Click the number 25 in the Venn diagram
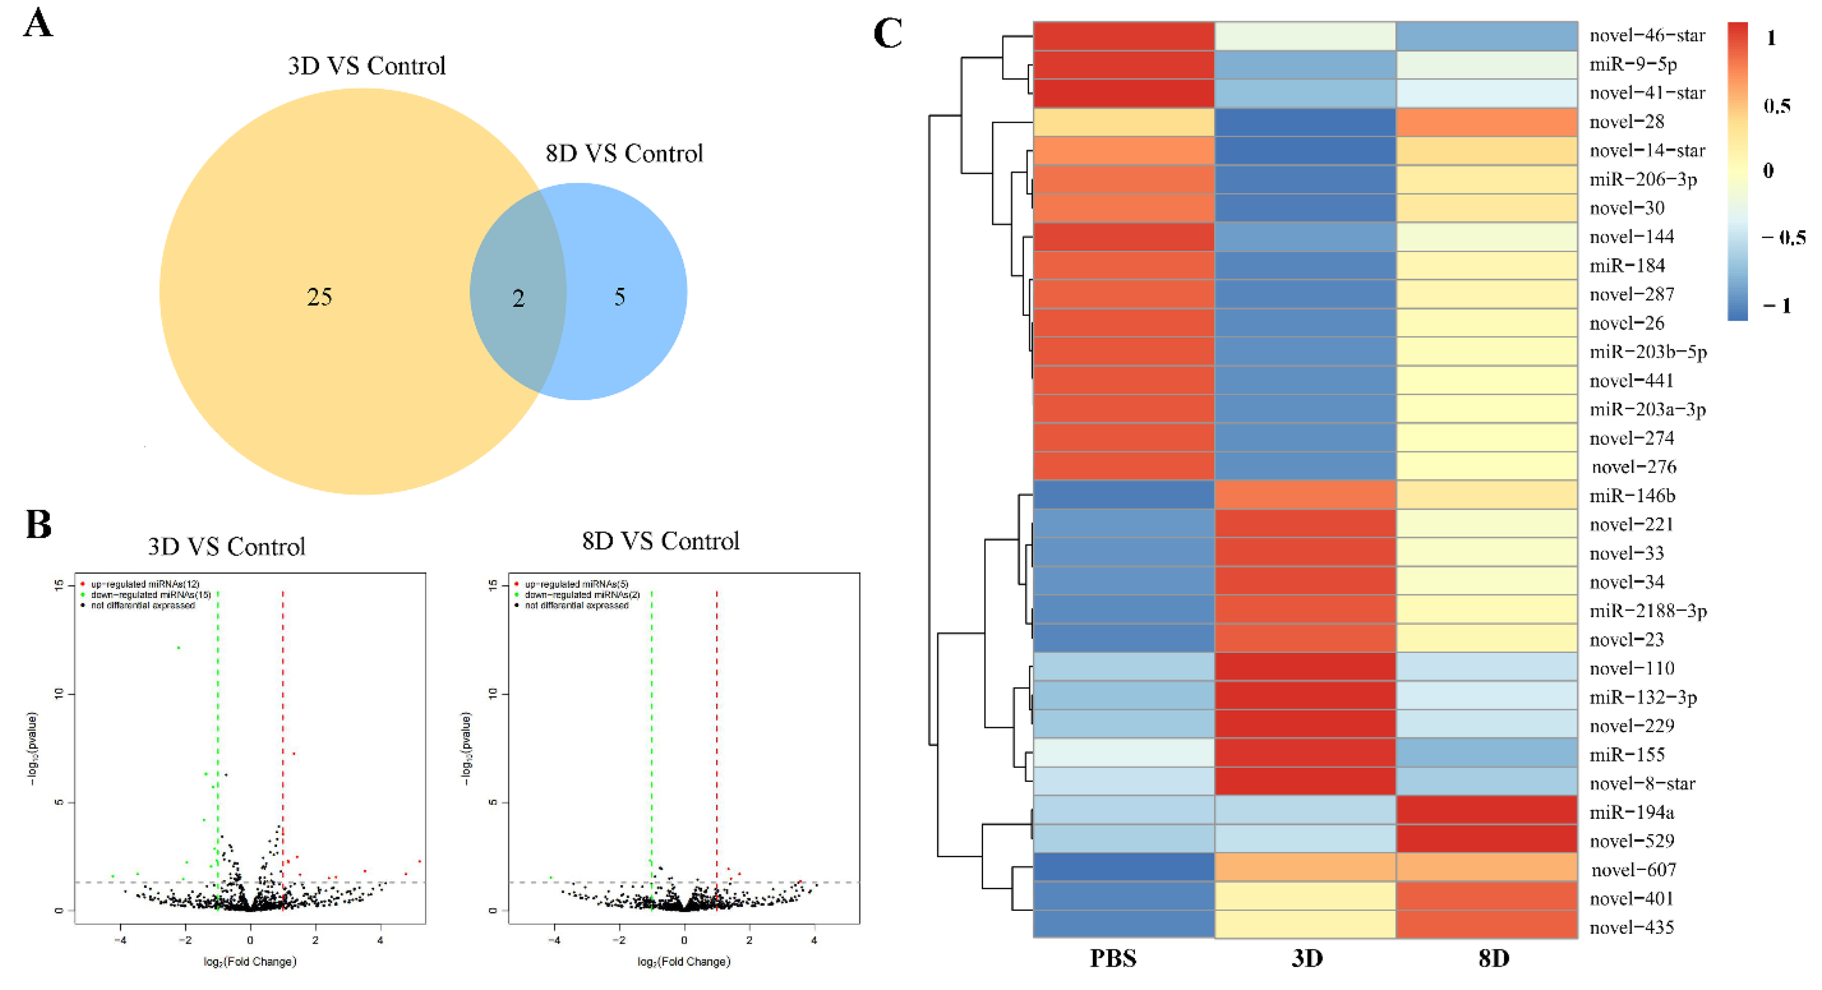tap(319, 297)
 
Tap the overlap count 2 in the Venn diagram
tap(518, 298)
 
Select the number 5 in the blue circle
tap(620, 297)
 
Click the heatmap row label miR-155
tap(1627, 754)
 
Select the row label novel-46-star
tap(1647, 35)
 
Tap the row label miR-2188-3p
tap(1648, 611)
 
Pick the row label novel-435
tap(1632, 927)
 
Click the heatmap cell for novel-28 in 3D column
tap(1305, 122)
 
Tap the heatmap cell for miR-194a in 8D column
tap(1487, 812)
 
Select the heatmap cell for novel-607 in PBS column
tap(1123, 869)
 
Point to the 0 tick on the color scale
tap(1768, 171)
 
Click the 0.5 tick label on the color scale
tap(1777, 106)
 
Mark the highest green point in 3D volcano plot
tap(179, 647)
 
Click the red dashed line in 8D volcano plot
tap(717, 708)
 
